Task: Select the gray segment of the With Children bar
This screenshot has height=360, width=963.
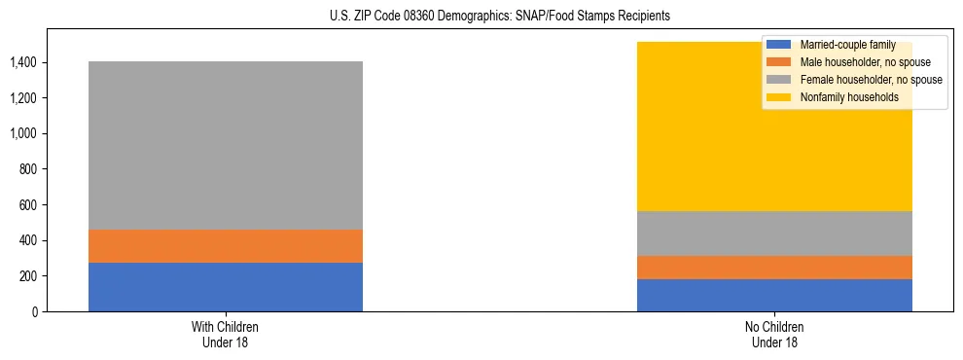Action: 226,146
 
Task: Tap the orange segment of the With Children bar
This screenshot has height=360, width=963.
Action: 226,246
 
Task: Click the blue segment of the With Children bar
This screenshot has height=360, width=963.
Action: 226,287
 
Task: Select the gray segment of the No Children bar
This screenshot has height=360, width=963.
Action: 774,234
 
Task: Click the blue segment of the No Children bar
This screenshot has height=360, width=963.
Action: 774,295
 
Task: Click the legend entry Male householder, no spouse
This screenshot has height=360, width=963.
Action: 855,62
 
